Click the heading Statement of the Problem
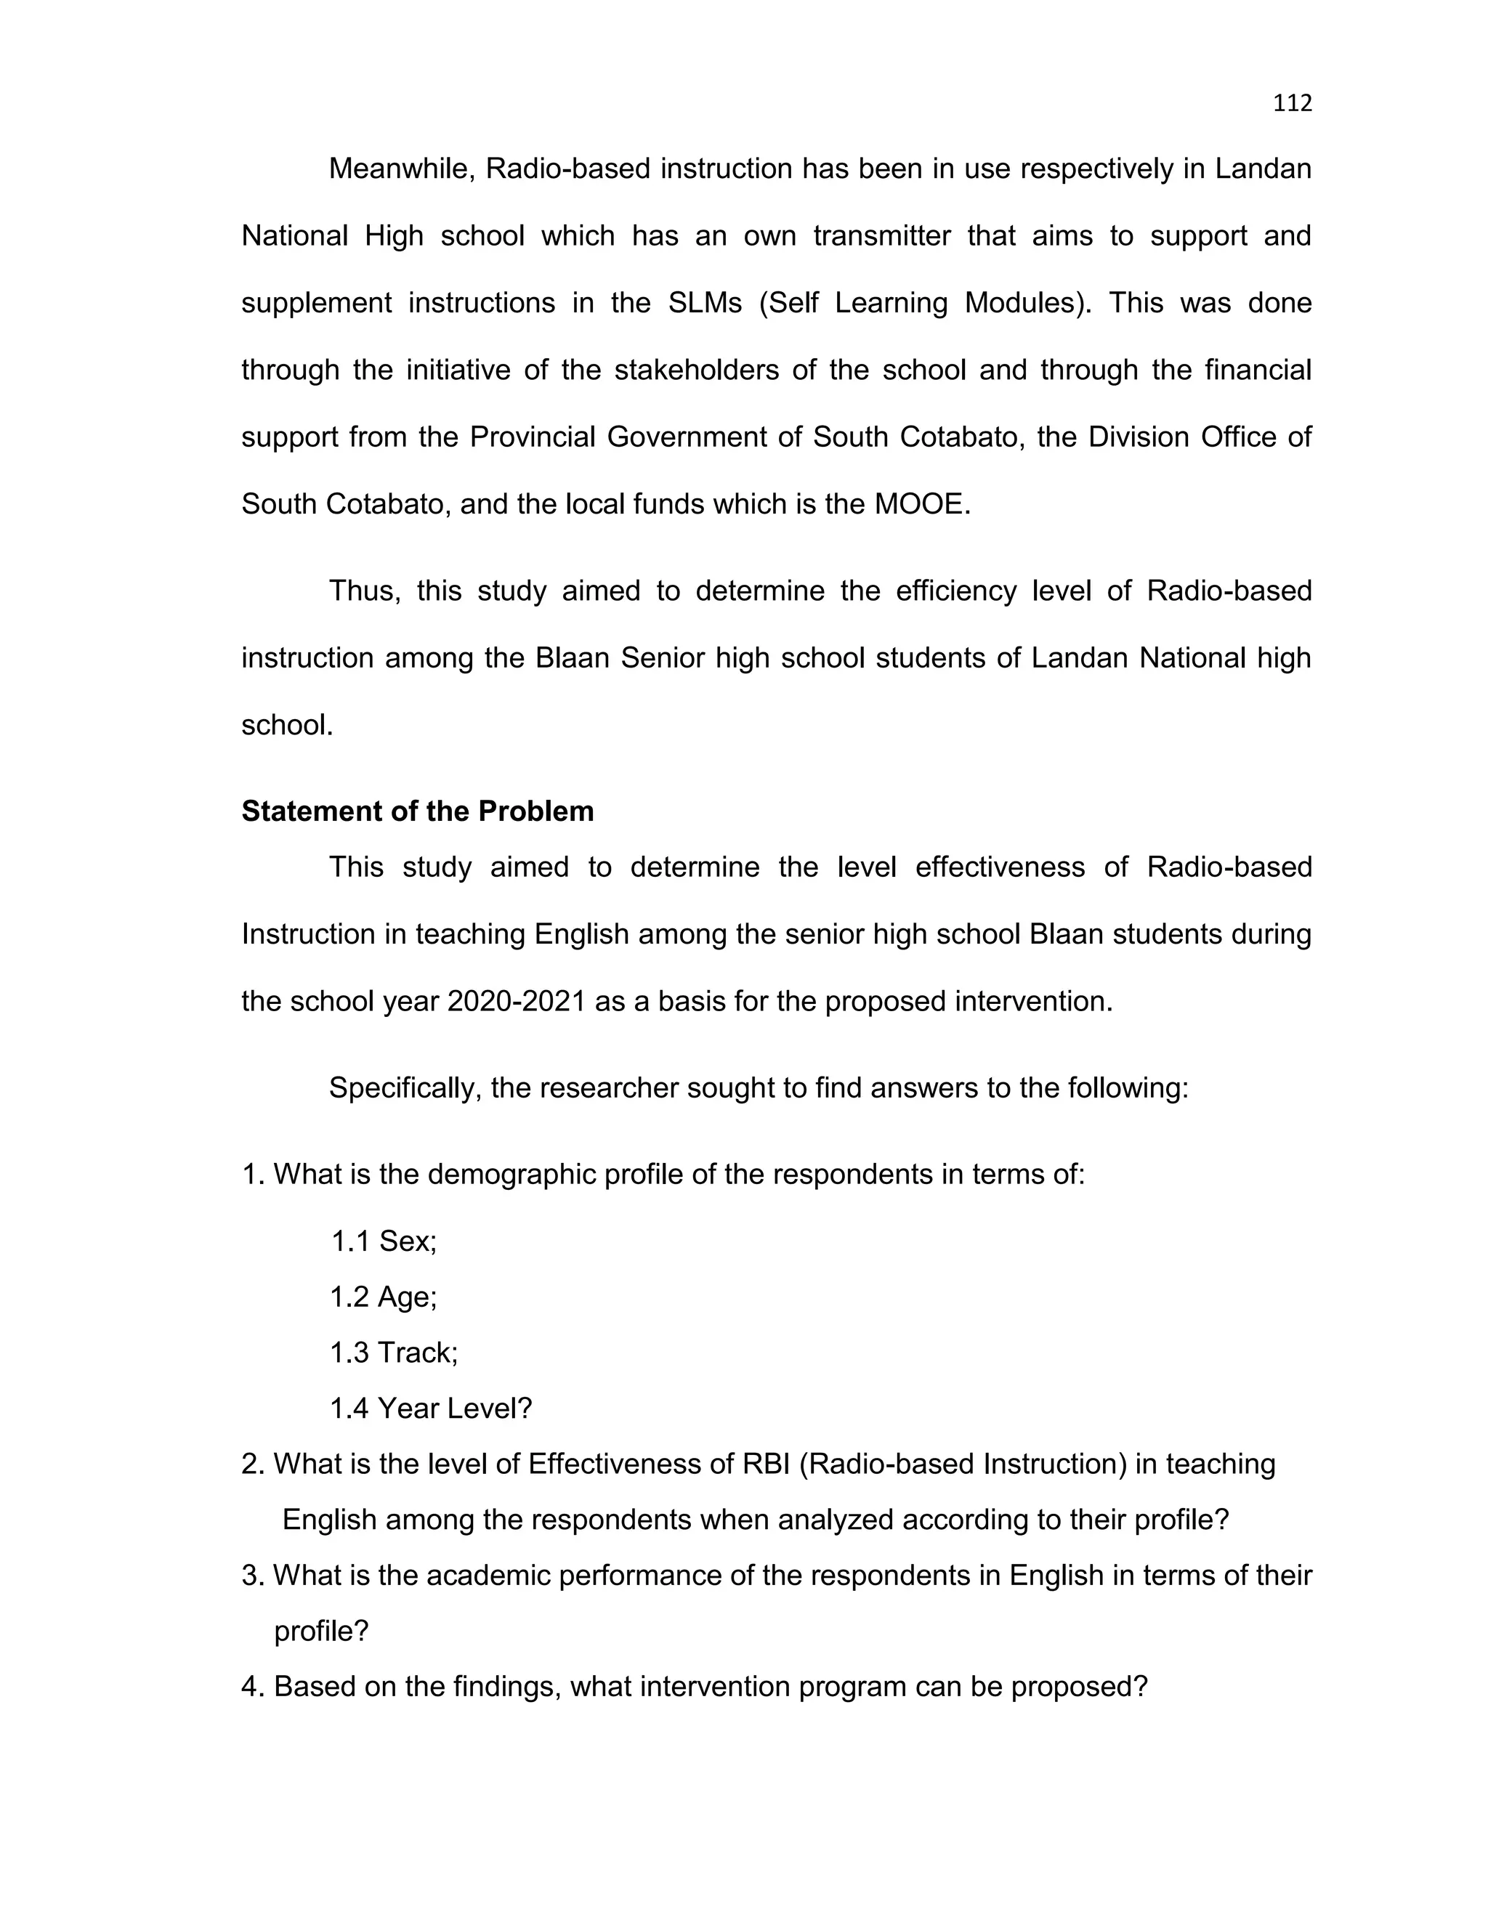[x=417, y=811]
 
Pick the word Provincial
[x=533, y=437]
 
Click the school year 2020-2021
[x=517, y=1001]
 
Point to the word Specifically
[x=405, y=1087]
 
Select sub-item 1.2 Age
[x=384, y=1297]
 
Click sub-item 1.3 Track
[x=394, y=1352]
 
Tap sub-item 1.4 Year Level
[x=431, y=1409]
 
